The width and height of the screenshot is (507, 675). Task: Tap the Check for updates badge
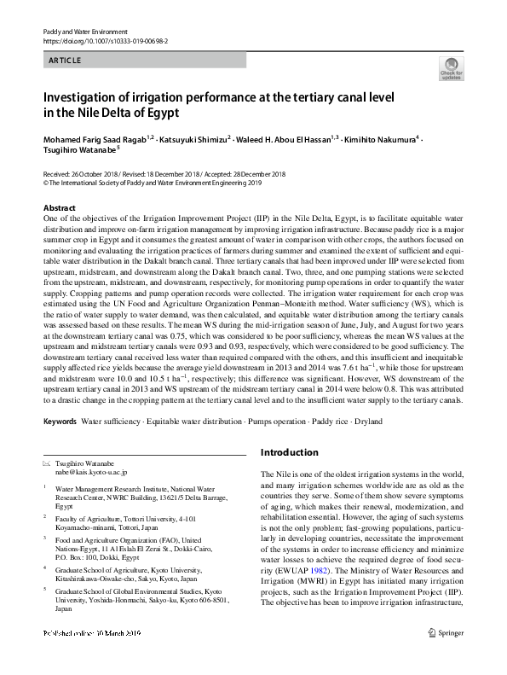(x=451, y=69)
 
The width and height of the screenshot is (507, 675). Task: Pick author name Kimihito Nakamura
(x=379, y=138)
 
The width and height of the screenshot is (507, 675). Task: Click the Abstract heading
(x=59, y=208)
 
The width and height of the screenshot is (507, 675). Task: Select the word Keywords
(x=60, y=422)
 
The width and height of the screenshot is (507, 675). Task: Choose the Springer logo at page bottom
(x=444, y=655)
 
